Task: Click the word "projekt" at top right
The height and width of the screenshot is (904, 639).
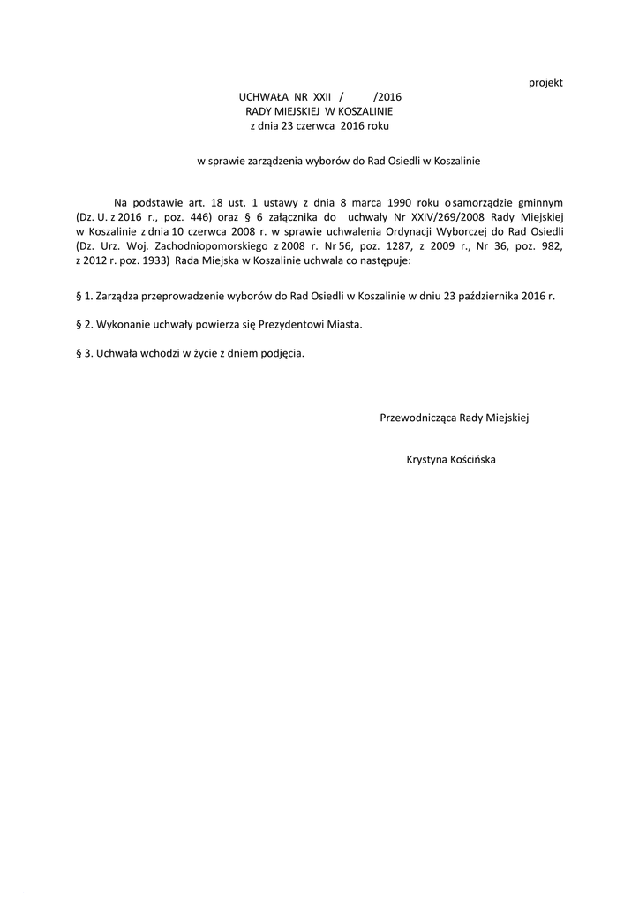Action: point(545,83)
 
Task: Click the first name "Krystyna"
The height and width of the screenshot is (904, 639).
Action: point(426,459)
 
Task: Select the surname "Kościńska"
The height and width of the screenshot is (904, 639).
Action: point(472,459)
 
